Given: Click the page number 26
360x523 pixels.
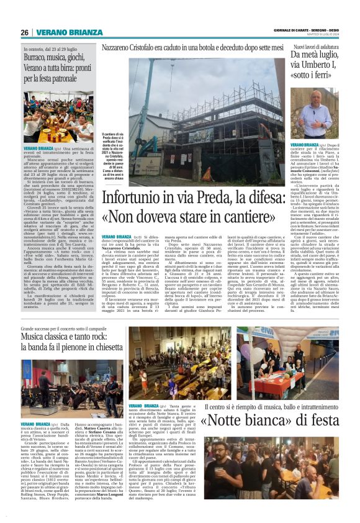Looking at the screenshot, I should tap(24, 32).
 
